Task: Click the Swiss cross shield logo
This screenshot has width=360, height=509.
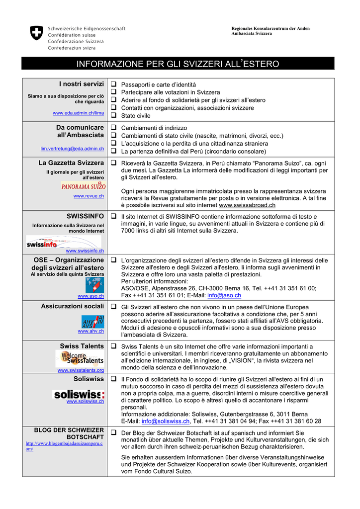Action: pyautogui.click(x=37, y=34)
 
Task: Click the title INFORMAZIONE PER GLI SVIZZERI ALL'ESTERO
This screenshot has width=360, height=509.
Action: pyautogui.click(x=178, y=64)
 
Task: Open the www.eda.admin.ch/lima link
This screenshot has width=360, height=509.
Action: pyautogui.click(x=78, y=113)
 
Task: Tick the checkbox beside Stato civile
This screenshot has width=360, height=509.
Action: pyautogui.click(x=113, y=115)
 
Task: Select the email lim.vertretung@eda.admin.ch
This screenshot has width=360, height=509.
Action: pyautogui.click(x=72, y=149)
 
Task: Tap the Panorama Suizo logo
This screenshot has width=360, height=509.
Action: pyautogui.click(x=84, y=186)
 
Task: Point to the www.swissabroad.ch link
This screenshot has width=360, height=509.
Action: pyautogui.click(x=247, y=205)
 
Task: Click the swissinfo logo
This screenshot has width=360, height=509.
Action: pyautogui.click(x=42, y=244)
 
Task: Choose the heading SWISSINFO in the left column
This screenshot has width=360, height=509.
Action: pyautogui.click(x=85, y=216)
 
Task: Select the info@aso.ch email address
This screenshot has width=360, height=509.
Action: pyautogui.click(x=224, y=295)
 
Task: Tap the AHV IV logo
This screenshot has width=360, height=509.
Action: pyautogui.click(x=93, y=321)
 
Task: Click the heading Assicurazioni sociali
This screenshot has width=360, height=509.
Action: pyautogui.click(x=72, y=307)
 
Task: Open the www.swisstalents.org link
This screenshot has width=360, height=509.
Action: pyautogui.click(x=81, y=370)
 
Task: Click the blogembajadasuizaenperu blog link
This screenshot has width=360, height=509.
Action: pyautogui.click(x=64, y=446)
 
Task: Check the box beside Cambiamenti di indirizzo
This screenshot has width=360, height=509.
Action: pyautogui.click(x=113, y=127)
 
